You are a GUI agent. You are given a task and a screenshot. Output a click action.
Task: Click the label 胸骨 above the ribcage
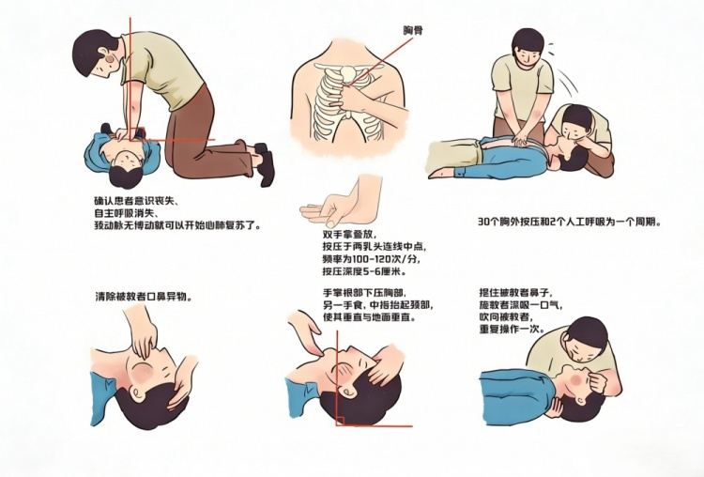(x=412, y=31)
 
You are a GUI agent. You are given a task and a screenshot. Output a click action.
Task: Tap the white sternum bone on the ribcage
(x=347, y=74)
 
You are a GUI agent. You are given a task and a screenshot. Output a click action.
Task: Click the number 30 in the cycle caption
(x=483, y=222)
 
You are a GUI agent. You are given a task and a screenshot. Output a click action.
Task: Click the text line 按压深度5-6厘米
(x=363, y=271)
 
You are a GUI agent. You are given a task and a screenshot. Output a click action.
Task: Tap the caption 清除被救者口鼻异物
(x=145, y=297)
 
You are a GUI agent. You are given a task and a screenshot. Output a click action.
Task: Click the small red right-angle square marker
(x=340, y=421)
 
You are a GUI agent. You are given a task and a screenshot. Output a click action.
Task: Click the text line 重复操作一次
(x=512, y=329)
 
